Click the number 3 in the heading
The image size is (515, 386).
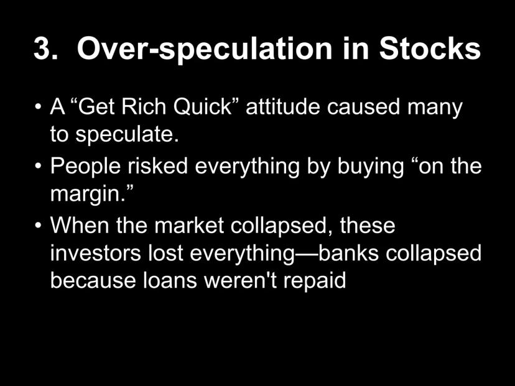(x=42, y=48)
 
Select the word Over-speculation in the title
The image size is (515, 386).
(x=205, y=49)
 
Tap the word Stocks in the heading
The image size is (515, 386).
(x=430, y=48)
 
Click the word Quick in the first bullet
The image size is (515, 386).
(x=203, y=108)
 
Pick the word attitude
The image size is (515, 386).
(x=283, y=107)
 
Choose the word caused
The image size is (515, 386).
(x=363, y=107)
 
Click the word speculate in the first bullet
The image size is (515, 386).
(x=124, y=136)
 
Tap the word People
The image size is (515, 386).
(x=85, y=167)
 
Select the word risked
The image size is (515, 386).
(x=157, y=165)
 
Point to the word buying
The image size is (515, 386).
(x=371, y=167)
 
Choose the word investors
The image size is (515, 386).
(x=96, y=253)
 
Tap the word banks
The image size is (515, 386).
(x=348, y=252)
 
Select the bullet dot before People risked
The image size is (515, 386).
(x=39, y=166)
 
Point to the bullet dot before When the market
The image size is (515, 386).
(x=39, y=226)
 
